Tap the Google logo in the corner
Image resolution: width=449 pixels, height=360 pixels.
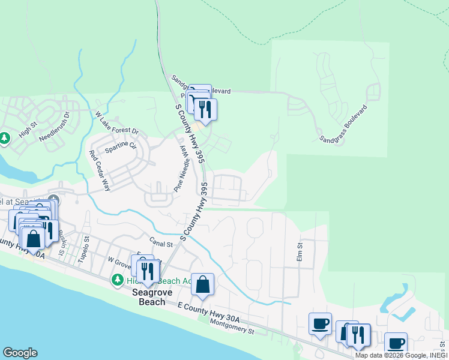tap(20, 353)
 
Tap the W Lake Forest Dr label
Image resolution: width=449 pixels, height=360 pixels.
tap(116, 122)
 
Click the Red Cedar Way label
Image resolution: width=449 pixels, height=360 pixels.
tap(100, 171)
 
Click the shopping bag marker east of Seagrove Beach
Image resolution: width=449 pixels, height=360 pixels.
tap(203, 284)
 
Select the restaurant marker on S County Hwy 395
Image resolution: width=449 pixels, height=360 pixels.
tap(205, 109)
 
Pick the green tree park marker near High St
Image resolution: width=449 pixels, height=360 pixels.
tap(4, 139)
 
